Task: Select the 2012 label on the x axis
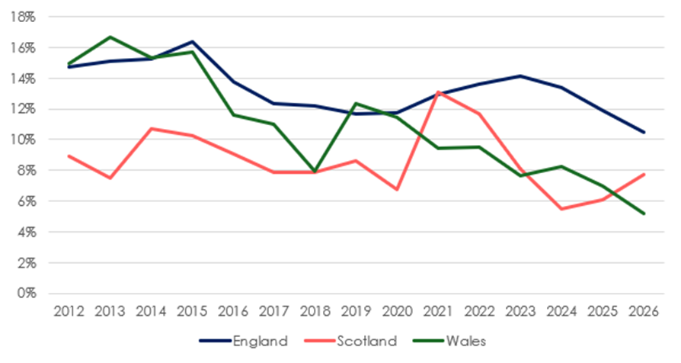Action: [69, 311]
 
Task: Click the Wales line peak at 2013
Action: [110, 37]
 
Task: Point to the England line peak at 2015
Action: [192, 41]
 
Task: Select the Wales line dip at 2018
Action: [315, 172]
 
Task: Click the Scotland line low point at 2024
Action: [561, 209]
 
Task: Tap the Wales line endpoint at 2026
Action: [644, 214]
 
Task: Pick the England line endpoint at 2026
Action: [644, 132]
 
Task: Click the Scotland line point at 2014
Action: [152, 128]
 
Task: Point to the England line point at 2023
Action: [520, 75]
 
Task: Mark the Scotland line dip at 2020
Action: [398, 189]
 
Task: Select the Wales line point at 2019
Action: [356, 103]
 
